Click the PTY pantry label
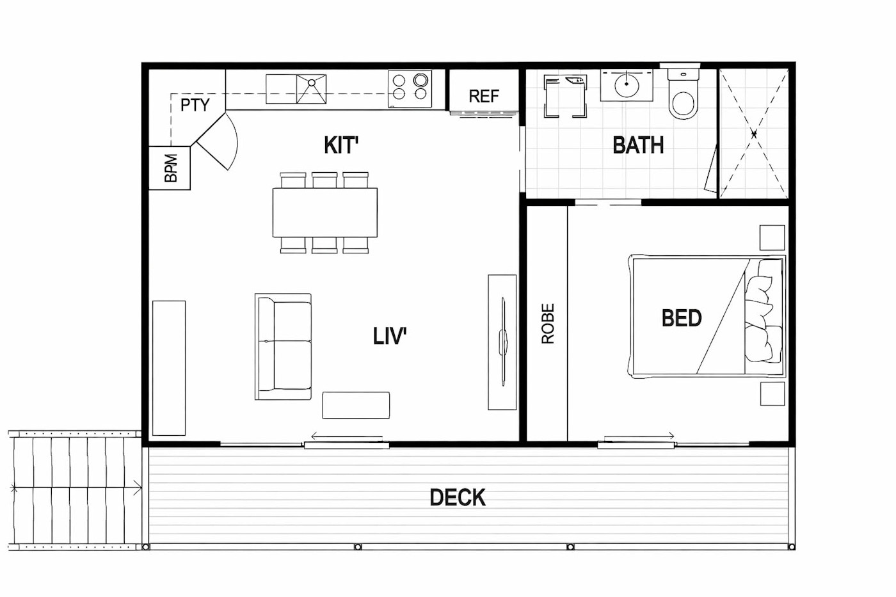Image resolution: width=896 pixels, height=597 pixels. (x=195, y=105)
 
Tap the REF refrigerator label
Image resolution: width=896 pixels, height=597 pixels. (x=484, y=97)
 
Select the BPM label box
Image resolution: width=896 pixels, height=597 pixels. (x=169, y=168)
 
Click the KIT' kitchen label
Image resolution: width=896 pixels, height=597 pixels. (x=340, y=145)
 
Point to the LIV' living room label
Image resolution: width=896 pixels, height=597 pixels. (x=390, y=336)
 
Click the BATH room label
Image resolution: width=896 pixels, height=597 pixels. (x=638, y=145)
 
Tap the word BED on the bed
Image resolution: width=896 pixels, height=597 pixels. (x=682, y=318)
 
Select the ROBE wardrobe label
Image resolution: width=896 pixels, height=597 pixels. (x=548, y=324)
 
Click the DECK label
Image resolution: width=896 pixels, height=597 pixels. (x=458, y=497)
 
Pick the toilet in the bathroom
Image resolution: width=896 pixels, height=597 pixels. (x=684, y=94)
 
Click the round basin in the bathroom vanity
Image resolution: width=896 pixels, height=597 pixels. (x=627, y=85)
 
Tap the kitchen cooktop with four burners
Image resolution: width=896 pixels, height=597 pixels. (x=410, y=89)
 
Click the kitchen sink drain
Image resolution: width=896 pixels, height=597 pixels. (x=311, y=83)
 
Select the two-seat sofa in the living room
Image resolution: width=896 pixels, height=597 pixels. (x=283, y=347)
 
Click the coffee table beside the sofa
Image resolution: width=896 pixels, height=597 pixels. (x=356, y=406)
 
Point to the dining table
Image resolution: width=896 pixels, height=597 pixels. (x=325, y=212)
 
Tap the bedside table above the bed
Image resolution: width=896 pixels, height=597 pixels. (x=772, y=238)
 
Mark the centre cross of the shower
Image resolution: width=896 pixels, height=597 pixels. (x=754, y=134)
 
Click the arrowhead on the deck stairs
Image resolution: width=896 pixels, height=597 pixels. (x=138, y=488)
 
